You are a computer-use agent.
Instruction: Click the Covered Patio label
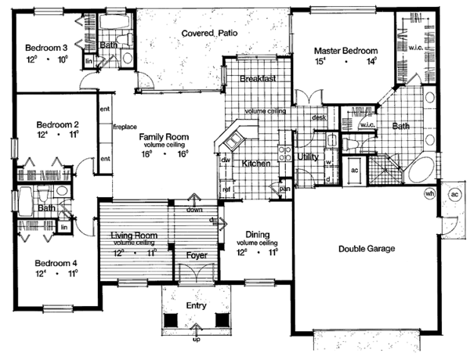[x=209, y=34]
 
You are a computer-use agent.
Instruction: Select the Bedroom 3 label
[x=43, y=45]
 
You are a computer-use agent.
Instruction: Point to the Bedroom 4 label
[x=43, y=264]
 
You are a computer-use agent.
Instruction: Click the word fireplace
[x=125, y=125]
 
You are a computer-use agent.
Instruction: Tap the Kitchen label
[x=256, y=164]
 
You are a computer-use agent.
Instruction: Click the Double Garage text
[x=366, y=249]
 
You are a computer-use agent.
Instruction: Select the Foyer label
[x=195, y=255]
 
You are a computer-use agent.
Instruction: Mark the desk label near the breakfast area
[x=319, y=117]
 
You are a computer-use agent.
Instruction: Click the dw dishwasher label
[x=225, y=160]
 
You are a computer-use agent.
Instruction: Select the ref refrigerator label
[x=226, y=189]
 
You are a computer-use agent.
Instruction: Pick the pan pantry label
[x=285, y=189]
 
